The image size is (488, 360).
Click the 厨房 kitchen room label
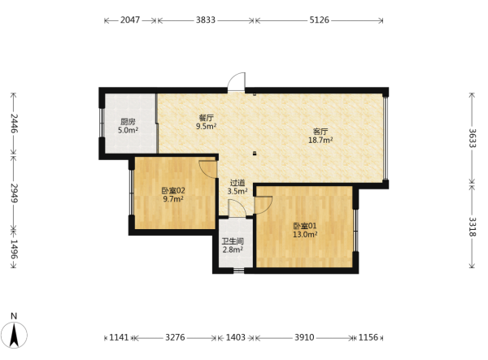pos(128,122)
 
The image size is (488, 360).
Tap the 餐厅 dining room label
pos(206,118)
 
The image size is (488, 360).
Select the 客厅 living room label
pos(320,132)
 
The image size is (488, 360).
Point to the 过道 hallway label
pos(237,183)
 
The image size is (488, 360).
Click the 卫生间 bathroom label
pos(233,241)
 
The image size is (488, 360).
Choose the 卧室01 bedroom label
pos(305,226)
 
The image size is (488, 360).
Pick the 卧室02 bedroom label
pos(173,190)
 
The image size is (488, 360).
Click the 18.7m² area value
pos(320,140)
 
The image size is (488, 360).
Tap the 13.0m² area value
pos(305,234)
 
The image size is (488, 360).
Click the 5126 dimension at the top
pos(319,20)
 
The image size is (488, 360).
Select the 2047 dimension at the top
pos(130,20)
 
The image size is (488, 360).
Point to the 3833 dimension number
pos(206,20)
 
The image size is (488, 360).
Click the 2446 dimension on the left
pos(14,124)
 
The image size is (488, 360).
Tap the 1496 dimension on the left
pos(14,249)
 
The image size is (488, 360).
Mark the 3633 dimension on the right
pos(473,138)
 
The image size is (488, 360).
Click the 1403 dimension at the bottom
pos(235,337)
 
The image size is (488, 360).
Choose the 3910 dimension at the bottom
pos(304,337)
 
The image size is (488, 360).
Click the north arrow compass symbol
pos(14,335)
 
